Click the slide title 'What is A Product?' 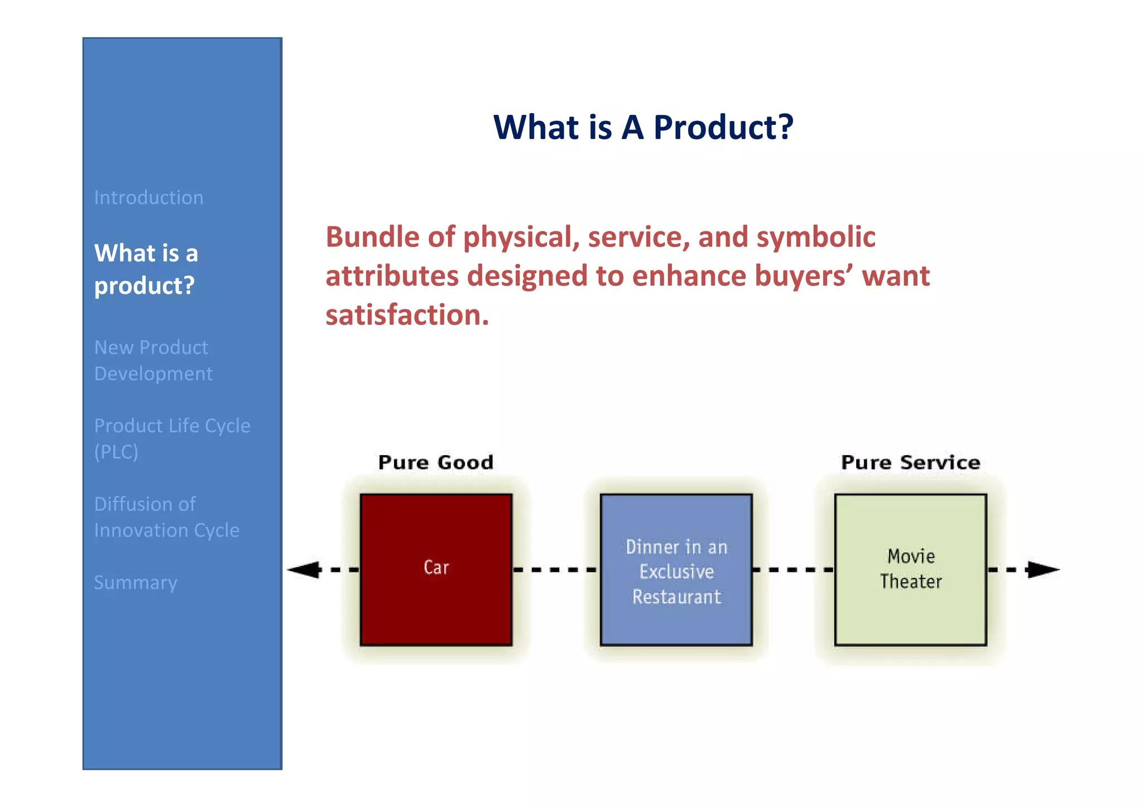(x=643, y=127)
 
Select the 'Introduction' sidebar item (x=148, y=197)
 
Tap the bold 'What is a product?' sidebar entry (x=146, y=269)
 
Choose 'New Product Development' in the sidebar (x=153, y=360)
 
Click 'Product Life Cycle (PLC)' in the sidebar (x=172, y=438)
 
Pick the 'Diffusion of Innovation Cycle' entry (x=166, y=517)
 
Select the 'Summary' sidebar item (x=135, y=582)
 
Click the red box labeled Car (x=436, y=569)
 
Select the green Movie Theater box (x=910, y=569)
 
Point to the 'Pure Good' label (x=436, y=462)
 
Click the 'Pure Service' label (x=910, y=462)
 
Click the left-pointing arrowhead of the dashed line (x=304, y=569)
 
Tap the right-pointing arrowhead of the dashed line (x=1043, y=569)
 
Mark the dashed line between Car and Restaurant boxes (x=556, y=569)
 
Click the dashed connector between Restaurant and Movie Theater (x=793, y=569)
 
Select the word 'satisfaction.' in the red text (x=407, y=315)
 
